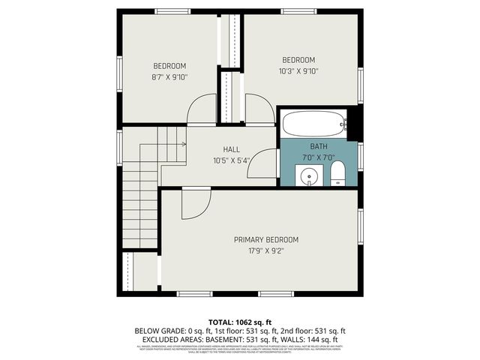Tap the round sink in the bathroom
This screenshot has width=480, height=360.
pyautogui.click(x=307, y=177)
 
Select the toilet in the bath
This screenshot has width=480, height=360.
pyautogui.click(x=337, y=174)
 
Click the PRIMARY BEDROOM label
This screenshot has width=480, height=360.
pyautogui.click(x=265, y=240)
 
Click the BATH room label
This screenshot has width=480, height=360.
pyautogui.click(x=319, y=146)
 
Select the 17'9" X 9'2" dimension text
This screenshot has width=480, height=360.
pyautogui.click(x=265, y=251)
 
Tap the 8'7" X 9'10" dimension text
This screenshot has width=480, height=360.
pyautogui.click(x=169, y=76)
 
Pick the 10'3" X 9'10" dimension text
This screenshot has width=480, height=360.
pyautogui.click(x=298, y=71)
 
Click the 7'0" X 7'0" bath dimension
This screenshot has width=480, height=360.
pyautogui.click(x=319, y=157)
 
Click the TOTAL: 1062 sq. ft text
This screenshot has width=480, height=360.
pyautogui.click(x=240, y=320)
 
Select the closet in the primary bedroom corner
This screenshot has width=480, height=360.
pyautogui.click(x=141, y=272)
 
